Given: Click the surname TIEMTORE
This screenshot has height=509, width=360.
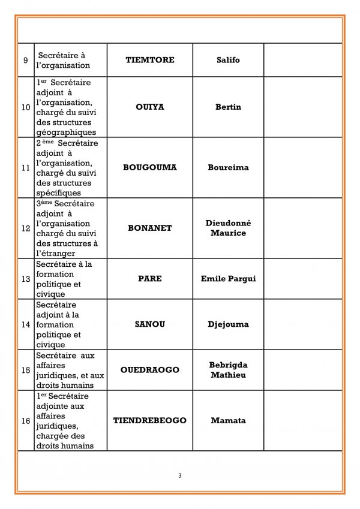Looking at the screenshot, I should pos(150,60).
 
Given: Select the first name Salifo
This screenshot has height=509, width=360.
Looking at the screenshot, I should pos(228,60).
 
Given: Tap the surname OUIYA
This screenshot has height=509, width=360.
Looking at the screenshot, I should pos(150,107).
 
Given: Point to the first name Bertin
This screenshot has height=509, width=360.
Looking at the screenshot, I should pos(228,107).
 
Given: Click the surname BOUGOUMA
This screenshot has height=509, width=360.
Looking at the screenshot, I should pos(150,167).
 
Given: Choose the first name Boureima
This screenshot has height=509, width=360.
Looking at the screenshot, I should pos(228,167).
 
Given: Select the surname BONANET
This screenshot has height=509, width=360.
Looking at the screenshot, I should pos(150,228).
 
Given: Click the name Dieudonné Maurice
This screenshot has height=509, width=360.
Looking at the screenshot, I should pos(228,228).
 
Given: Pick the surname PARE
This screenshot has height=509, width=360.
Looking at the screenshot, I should pos(150,279).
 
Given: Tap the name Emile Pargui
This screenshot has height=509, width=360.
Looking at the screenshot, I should pos(228,279).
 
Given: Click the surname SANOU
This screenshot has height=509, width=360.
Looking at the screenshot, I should pos(150,324).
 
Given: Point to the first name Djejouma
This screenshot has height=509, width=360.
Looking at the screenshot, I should pos(228,324).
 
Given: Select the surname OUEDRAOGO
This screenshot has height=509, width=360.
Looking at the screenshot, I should pos(150,370).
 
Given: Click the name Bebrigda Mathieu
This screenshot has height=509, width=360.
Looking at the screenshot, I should pos(228,370).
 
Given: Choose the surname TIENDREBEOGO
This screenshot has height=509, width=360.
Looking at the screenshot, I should pos(150,420).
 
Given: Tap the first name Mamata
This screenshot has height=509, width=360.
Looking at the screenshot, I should pos(228,420).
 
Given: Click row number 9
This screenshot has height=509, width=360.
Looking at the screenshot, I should pos(25,60).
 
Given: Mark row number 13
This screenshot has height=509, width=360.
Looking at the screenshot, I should pos(25,279).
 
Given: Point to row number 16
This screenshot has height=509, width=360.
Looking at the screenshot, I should pos(25,421).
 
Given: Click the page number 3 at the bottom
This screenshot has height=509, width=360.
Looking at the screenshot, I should pos(180,475).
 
